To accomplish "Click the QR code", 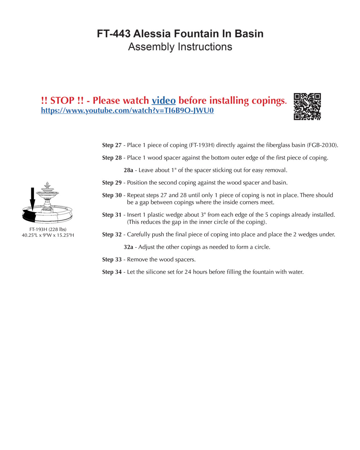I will coord(307,107).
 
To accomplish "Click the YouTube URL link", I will coord(127,111).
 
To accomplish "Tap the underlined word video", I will coord(163,100).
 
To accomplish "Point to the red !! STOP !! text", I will coord(63,100).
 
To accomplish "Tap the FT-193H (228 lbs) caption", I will coord(48,229).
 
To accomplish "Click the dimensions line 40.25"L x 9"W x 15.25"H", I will coord(48,235).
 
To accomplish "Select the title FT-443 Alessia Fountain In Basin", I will coord(180,34).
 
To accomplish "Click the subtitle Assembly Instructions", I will coord(180,47).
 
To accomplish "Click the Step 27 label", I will coord(112,145).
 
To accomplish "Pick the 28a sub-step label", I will coord(129,170).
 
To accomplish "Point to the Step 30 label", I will coord(112,195).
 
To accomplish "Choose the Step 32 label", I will coord(112,235).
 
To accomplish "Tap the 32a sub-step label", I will coord(129,247).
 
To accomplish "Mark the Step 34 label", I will coord(112,272).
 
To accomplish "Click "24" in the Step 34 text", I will coord(188,272).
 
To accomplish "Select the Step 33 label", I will coord(112,260).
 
